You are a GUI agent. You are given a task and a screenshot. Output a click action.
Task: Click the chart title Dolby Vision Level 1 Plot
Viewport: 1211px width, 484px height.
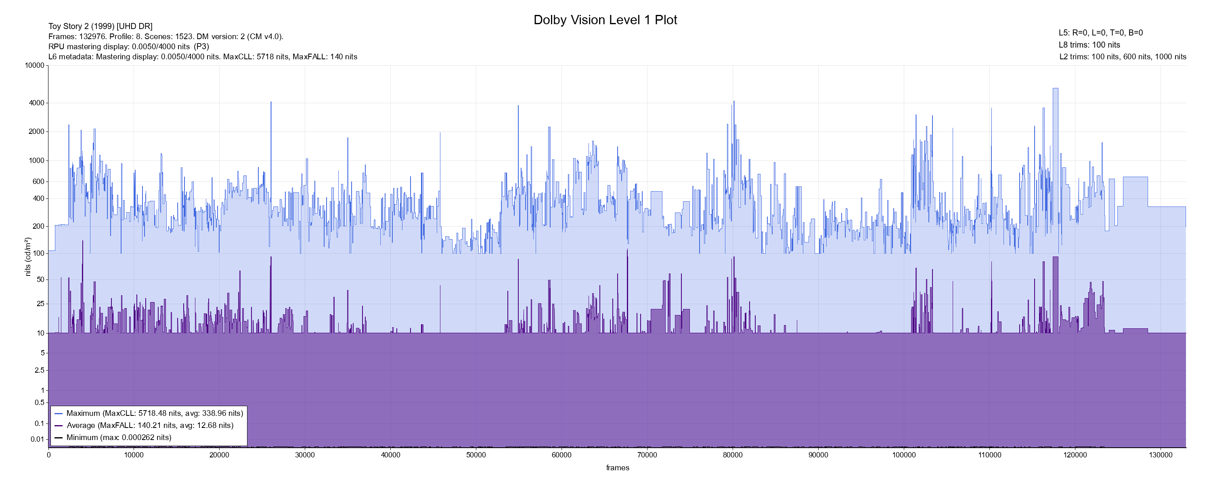click(605, 20)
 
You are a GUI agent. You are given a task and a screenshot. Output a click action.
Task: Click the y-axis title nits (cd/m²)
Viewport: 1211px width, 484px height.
click(28, 257)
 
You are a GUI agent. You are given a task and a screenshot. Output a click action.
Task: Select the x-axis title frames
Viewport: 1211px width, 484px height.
click(617, 467)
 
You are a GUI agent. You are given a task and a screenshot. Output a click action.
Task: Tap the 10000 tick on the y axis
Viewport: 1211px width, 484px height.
click(35, 65)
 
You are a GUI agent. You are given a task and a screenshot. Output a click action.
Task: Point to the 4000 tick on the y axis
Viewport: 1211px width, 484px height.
click(37, 103)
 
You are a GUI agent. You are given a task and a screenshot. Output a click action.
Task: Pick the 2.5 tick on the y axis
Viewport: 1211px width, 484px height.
click(40, 370)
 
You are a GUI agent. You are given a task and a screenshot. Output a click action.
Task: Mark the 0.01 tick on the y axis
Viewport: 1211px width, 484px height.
click(38, 439)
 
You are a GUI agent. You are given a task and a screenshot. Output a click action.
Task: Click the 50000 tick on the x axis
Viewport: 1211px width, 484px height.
click(476, 455)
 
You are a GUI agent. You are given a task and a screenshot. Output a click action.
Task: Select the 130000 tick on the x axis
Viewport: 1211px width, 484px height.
click(1160, 455)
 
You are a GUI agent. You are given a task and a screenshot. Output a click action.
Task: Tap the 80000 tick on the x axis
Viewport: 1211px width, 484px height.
click(732, 455)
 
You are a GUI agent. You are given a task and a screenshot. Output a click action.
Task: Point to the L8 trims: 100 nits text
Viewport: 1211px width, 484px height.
click(1089, 45)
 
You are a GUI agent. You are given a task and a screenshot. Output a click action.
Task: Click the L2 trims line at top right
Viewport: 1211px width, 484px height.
click(1123, 57)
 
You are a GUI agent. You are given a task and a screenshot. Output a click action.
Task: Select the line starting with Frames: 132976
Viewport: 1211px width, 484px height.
click(166, 37)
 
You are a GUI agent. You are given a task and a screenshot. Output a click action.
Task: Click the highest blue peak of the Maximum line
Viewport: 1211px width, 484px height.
click(1056, 88)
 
